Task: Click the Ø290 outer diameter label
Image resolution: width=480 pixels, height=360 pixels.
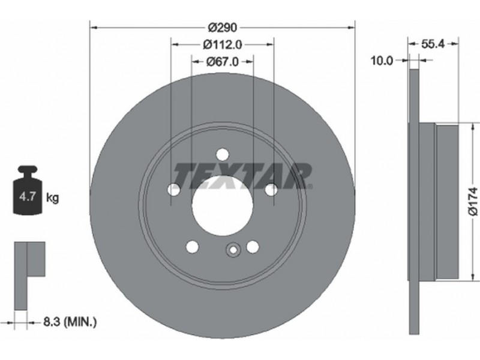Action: point(222,28)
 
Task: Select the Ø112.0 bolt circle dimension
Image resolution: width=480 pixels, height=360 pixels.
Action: point(222,44)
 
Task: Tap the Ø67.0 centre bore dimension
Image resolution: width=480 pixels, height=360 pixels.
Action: point(222,62)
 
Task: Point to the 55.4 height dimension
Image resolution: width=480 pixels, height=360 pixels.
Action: point(433,44)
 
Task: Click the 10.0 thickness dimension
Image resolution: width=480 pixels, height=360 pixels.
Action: point(382,61)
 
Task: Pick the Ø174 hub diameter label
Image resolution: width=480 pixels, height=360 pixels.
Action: point(473,202)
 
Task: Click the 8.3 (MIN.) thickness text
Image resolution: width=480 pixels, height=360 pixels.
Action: point(70,322)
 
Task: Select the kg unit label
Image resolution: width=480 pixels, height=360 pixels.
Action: point(52,198)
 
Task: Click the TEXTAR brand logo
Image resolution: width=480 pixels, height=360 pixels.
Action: point(243,176)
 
